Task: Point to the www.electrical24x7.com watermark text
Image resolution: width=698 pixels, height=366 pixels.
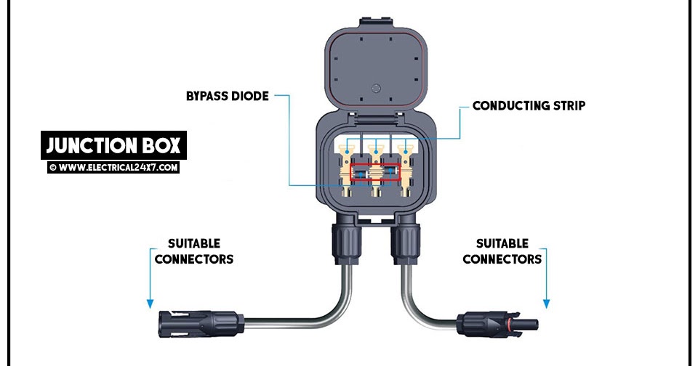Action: (113, 167)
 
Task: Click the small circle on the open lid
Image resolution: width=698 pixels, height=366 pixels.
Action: (376, 89)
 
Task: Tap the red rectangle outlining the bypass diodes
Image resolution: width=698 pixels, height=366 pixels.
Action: (375, 173)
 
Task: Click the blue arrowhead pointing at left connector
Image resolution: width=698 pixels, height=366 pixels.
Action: (150, 302)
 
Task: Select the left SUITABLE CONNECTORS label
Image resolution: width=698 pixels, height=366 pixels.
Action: (193, 251)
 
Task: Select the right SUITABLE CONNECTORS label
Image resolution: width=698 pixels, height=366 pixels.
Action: (502, 251)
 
